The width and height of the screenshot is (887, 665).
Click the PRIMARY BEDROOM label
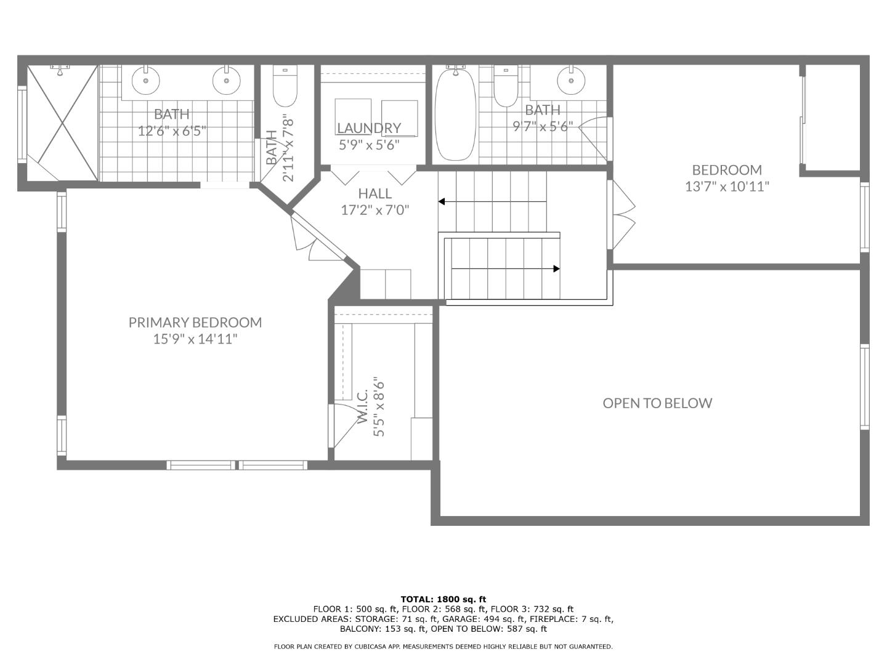[195, 322]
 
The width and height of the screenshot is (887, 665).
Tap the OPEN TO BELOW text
[657, 403]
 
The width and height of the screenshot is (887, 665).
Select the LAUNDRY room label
[369, 128]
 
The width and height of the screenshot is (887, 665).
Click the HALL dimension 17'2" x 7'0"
[375, 210]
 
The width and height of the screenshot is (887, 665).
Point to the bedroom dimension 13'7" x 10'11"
[727, 187]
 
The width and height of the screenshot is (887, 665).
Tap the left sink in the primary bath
[146, 80]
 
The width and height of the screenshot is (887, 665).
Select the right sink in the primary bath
[226, 80]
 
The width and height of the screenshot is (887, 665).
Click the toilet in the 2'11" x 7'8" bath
[285, 88]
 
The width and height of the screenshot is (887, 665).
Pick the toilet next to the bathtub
[506, 88]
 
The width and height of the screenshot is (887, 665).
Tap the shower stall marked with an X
[62, 123]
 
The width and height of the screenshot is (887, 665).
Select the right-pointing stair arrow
[556, 268]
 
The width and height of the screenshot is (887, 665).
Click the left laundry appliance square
[353, 116]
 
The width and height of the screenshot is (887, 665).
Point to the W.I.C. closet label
[362, 406]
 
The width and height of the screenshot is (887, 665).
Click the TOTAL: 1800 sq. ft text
[443, 598]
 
